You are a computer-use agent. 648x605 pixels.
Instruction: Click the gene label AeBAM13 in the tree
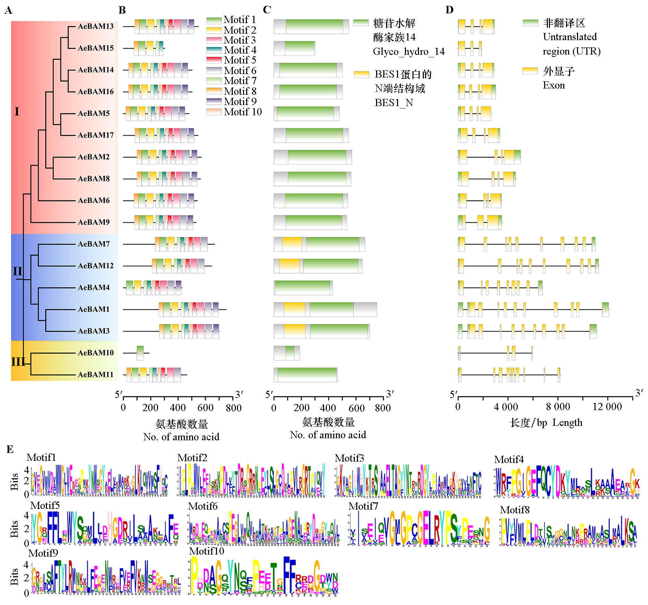coord(95,26)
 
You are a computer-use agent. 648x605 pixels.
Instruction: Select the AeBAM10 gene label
coord(95,353)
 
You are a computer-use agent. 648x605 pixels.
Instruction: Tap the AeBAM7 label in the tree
coord(94,244)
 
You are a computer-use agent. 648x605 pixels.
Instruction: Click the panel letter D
coord(449,10)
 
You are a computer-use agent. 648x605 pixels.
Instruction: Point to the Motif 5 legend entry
coord(240,60)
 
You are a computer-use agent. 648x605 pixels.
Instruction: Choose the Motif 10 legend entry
coord(242,112)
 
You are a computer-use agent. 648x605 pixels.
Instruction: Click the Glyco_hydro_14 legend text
coord(408,51)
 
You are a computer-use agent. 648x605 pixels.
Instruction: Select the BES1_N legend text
coord(394,103)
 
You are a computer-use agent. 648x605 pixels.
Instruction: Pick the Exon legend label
coord(554,85)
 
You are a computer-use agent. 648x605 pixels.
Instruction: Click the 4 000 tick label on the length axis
coord(506,407)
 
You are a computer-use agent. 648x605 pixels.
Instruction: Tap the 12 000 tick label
coord(607,407)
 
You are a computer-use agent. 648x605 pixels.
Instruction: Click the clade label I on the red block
coord(17,112)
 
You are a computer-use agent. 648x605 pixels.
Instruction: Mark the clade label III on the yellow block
coord(18,361)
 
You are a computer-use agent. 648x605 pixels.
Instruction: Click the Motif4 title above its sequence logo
coord(509,459)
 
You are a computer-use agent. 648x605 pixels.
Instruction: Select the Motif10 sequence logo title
coord(206,551)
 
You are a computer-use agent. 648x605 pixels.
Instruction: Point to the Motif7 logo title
coord(363,506)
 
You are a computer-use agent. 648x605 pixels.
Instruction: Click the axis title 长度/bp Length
coord(546,423)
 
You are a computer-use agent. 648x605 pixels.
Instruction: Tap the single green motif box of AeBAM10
coord(140,353)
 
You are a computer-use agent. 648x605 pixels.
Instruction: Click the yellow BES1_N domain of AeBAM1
coord(294,310)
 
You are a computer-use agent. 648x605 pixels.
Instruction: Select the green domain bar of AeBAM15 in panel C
coord(300,48)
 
